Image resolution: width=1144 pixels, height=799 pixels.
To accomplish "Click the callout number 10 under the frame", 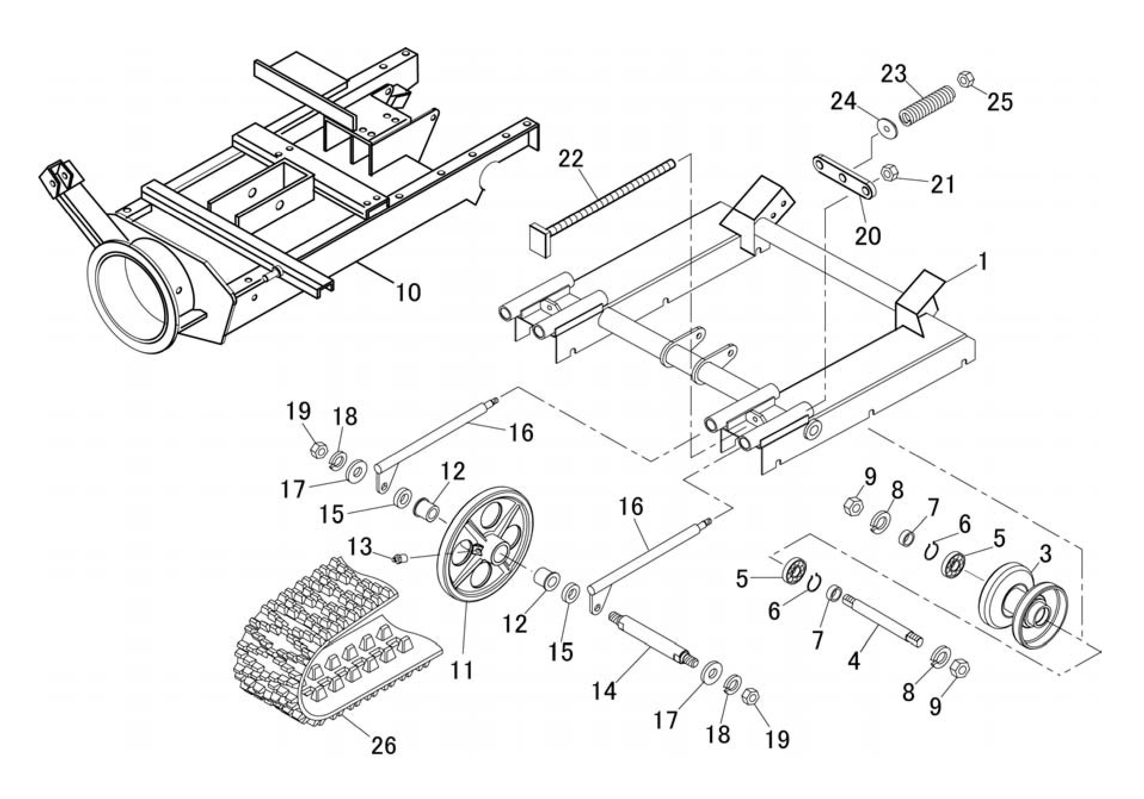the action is coord(408,292).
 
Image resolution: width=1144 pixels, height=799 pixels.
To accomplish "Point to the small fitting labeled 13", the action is coord(400,558).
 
